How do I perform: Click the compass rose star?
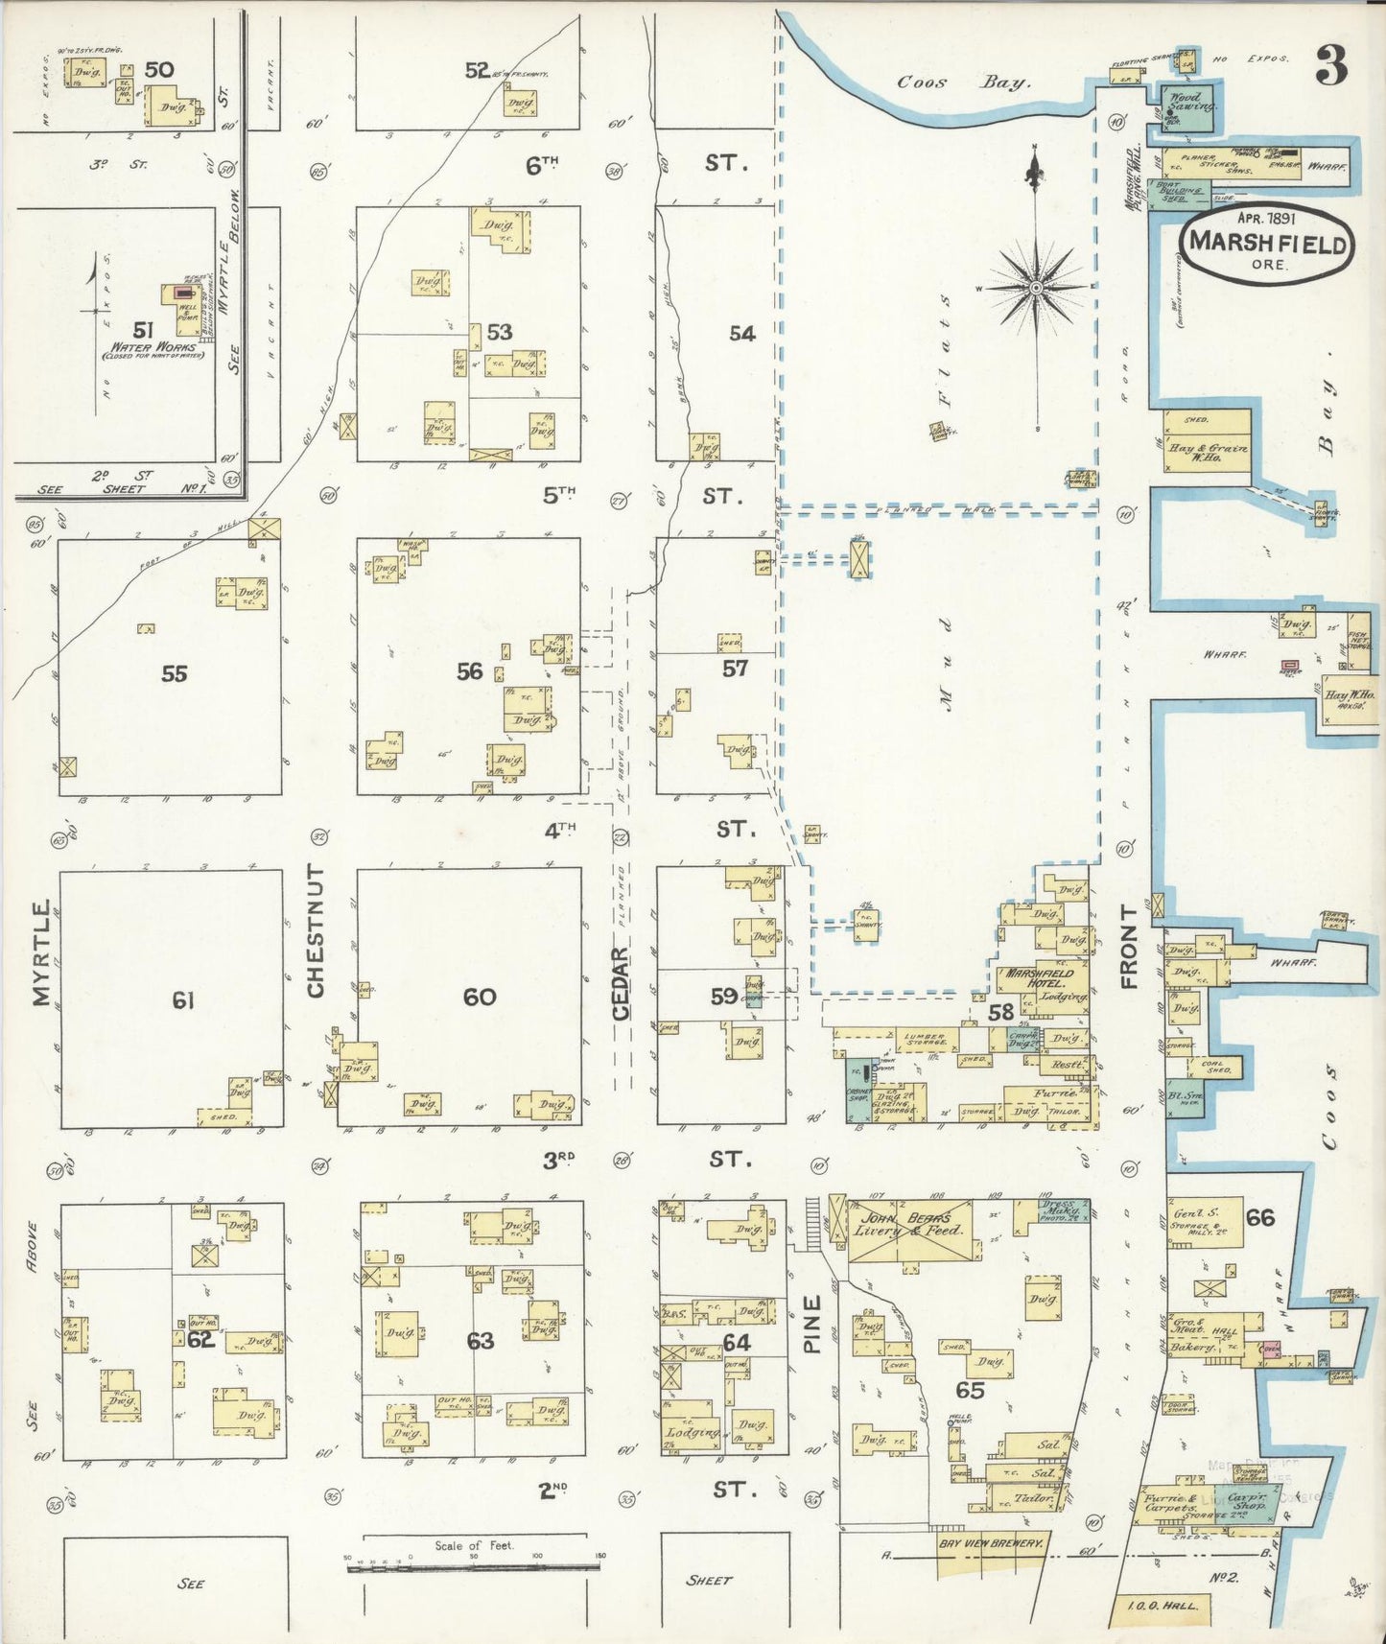pyautogui.click(x=1036, y=287)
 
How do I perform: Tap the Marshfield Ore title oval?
pyautogui.click(x=1267, y=244)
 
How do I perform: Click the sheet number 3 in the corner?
pyautogui.click(x=1330, y=65)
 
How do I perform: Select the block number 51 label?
pyautogui.click(x=143, y=330)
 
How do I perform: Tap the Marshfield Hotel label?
pyautogui.click(x=1039, y=978)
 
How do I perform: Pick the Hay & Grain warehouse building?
pyautogui.click(x=1207, y=442)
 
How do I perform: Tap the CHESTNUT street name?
pyautogui.click(x=317, y=929)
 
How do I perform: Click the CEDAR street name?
pyautogui.click(x=621, y=983)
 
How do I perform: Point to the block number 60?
pyautogui.click(x=480, y=998)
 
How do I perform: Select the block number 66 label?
pyautogui.click(x=1259, y=1217)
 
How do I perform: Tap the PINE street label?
pyautogui.click(x=812, y=1325)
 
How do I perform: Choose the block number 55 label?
pyautogui.click(x=174, y=673)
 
